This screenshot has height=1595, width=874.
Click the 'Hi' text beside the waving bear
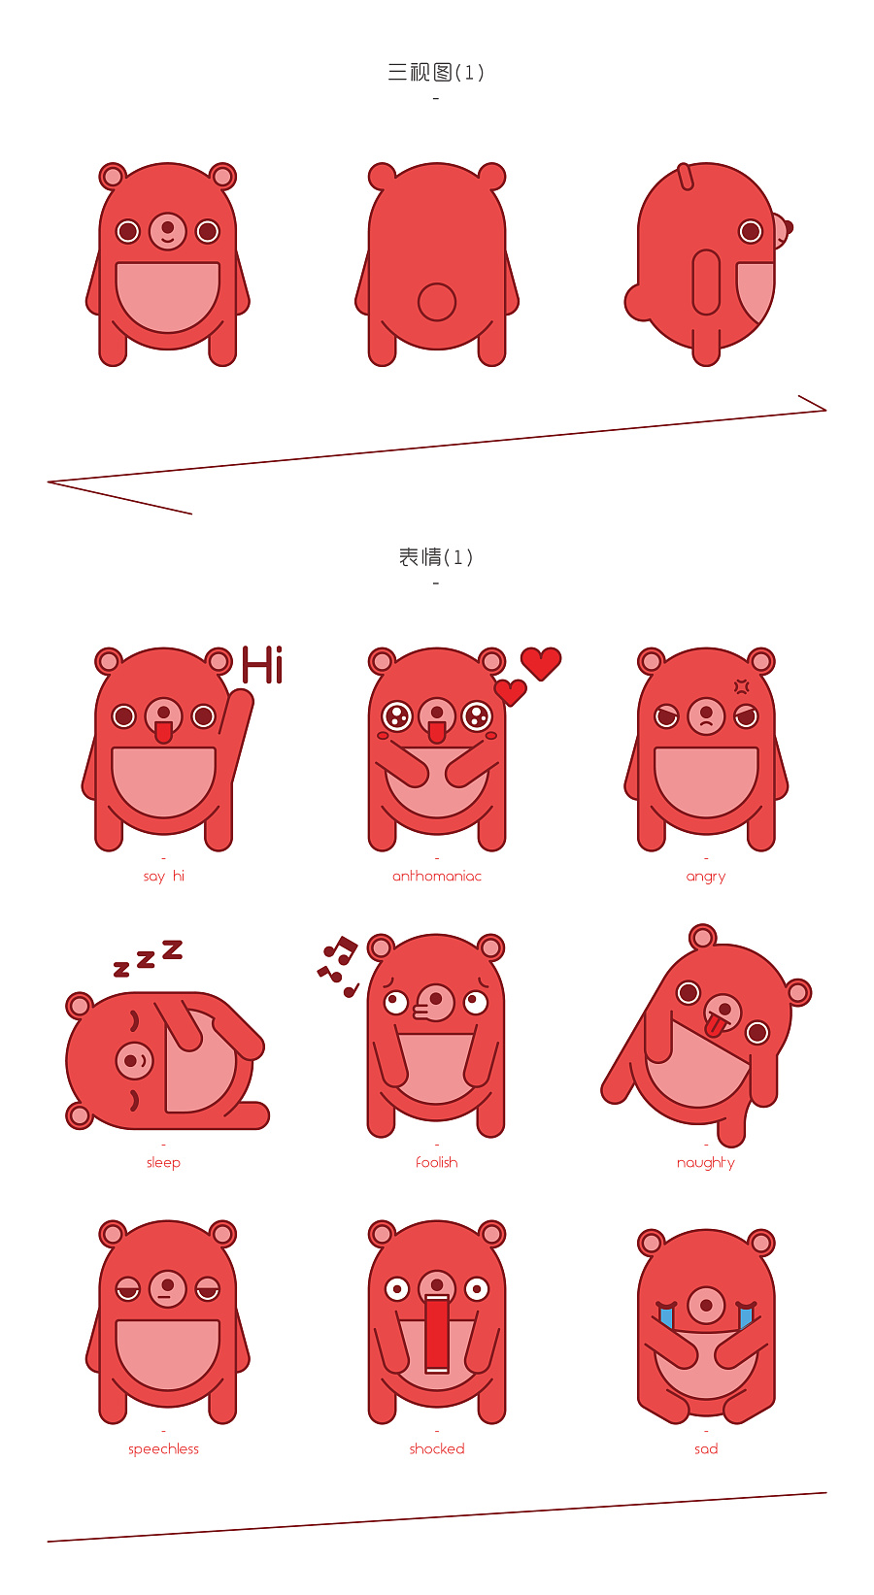click(262, 665)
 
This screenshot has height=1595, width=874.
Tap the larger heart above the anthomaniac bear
click(541, 663)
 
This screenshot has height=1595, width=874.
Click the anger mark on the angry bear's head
click(742, 686)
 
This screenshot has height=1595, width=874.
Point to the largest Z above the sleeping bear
click(173, 949)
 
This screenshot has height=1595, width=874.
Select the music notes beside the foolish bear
click(338, 966)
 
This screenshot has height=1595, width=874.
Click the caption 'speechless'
click(163, 1449)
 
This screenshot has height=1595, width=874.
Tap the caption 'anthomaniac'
click(437, 876)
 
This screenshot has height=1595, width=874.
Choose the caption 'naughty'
click(705, 1163)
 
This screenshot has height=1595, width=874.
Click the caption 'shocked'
click(437, 1449)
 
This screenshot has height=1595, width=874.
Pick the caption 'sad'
click(706, 1449)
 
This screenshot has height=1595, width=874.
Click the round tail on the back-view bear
click(437, 302)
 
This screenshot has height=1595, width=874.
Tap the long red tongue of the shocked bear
click(437, 1334)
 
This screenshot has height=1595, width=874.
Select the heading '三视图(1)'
click(436, 73)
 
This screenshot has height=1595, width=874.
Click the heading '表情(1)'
click(436, 557)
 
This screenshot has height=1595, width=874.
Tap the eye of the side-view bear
click(750, 231)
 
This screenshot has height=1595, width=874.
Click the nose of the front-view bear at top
click(167, 231)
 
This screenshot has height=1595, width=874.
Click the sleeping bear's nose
click(135, 1061)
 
